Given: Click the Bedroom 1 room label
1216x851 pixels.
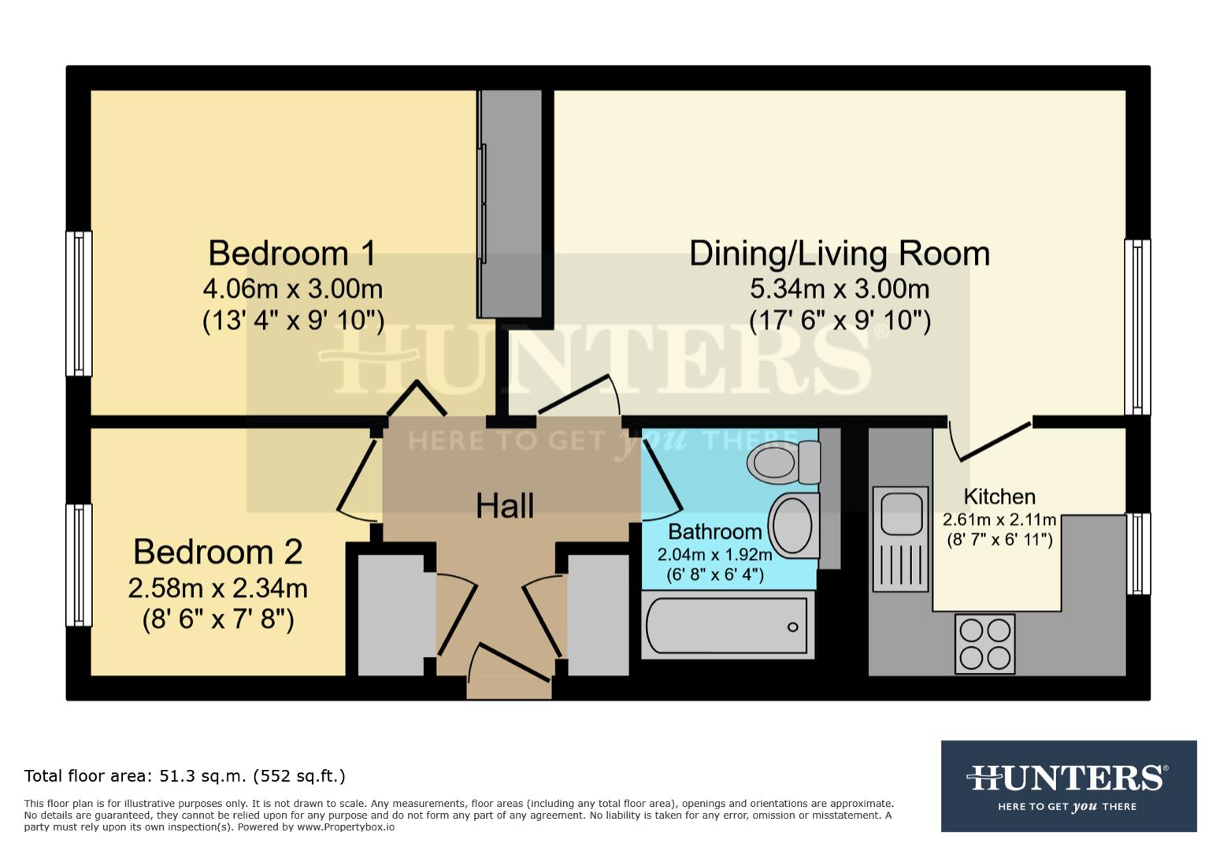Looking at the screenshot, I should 291,254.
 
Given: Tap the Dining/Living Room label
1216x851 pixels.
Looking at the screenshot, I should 839,254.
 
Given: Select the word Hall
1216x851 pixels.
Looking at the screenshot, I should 505,506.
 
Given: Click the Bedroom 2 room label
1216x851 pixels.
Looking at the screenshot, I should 217,552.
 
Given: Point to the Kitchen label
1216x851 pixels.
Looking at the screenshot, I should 999,496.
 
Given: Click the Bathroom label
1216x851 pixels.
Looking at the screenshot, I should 714,531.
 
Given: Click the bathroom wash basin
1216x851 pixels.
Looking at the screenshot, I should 792,525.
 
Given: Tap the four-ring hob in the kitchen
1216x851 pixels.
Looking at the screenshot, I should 984,644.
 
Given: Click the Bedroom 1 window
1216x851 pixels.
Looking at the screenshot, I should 78,303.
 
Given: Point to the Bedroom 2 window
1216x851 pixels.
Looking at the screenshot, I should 78,565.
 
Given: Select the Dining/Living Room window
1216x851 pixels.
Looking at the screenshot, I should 1137,327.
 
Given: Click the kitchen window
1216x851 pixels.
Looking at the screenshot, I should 1137,553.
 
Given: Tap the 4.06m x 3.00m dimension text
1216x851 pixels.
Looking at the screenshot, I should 292,289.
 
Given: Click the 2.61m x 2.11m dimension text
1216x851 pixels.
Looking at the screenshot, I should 999,520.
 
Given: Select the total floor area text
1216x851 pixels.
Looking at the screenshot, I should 184,776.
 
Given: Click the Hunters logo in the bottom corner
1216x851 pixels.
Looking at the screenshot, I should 1068,786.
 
